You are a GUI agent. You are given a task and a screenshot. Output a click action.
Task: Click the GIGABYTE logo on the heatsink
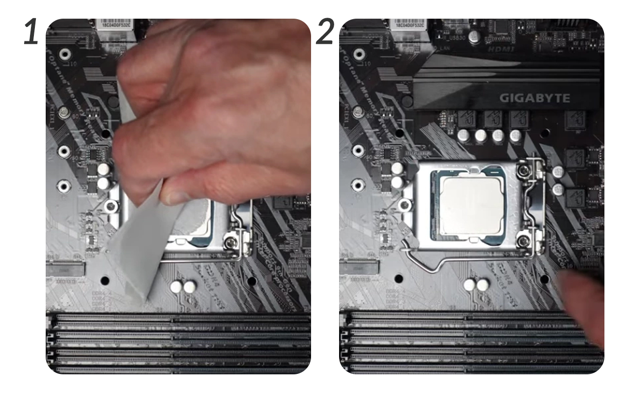click(535, 98)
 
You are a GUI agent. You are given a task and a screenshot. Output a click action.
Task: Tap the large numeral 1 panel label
click(31, 32)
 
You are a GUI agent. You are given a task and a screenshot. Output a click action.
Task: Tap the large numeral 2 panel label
click(325, 32)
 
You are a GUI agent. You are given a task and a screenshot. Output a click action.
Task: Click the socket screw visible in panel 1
click(229, 241)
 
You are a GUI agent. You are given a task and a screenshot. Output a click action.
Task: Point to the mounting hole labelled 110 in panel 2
click(360, 54)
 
